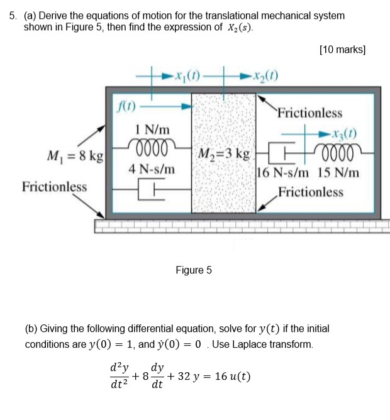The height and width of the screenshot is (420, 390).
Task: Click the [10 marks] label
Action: (342, 50)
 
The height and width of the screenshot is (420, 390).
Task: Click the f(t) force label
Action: (127, 106)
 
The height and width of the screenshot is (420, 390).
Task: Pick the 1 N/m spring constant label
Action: (153, 128)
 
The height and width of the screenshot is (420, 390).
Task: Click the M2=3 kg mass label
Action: (223, 153)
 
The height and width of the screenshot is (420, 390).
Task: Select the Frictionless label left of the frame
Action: (54, 187)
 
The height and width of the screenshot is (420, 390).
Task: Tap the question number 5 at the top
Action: (12, 15)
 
